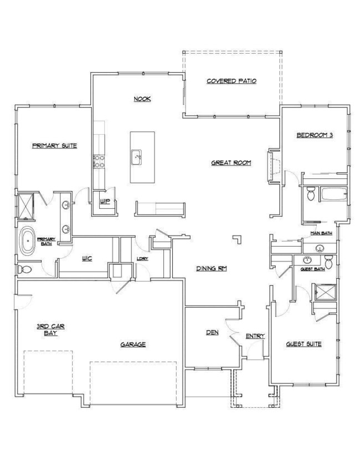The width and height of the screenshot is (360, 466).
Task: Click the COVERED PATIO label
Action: click(x=232, y=81)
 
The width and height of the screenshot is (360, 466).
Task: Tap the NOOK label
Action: click(x=142, y=99)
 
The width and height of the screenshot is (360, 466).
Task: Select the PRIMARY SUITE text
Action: click(x=54, y=146)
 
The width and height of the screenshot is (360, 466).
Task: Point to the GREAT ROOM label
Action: click(x=232, y=163)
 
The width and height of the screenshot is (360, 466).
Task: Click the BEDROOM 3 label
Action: click(x=314, y=136)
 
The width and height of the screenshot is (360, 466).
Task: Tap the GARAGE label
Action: click(x=133, y=344)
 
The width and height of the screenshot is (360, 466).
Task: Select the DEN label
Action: click(x=212, y=332)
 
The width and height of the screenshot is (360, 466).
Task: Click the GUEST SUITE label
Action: click(x=304, y=344)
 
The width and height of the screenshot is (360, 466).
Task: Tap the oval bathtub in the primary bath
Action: click(x=26, y=242)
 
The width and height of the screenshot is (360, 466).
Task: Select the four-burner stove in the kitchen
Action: click(x=99, y=161)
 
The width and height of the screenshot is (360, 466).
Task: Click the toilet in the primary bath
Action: click(x=23, y=270)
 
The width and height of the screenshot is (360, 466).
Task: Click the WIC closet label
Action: click(x=86, y=258)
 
